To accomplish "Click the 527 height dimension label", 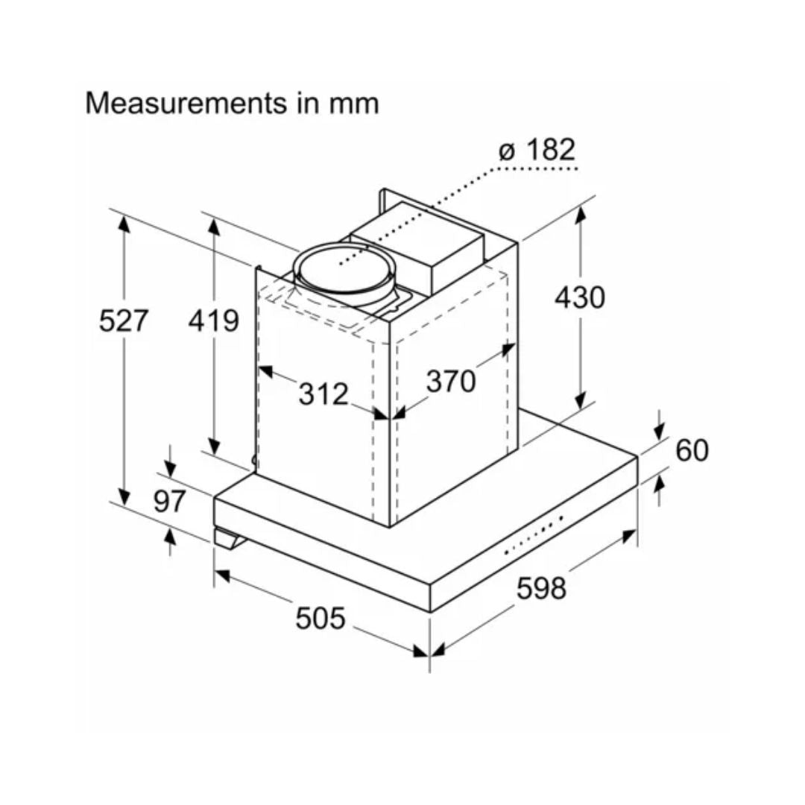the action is click(123, 321).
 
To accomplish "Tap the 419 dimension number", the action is click(214, 321).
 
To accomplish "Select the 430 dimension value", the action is click(580, 297).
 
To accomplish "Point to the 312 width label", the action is click(323, 394).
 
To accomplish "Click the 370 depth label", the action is click(451, 381).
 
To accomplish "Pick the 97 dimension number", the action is click(169, 501).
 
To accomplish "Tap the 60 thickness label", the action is click(692, 449).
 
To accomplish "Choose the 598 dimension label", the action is click(541, 587).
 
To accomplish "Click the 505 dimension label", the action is click(321, 618).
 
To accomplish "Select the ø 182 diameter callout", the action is click(537, 149).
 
